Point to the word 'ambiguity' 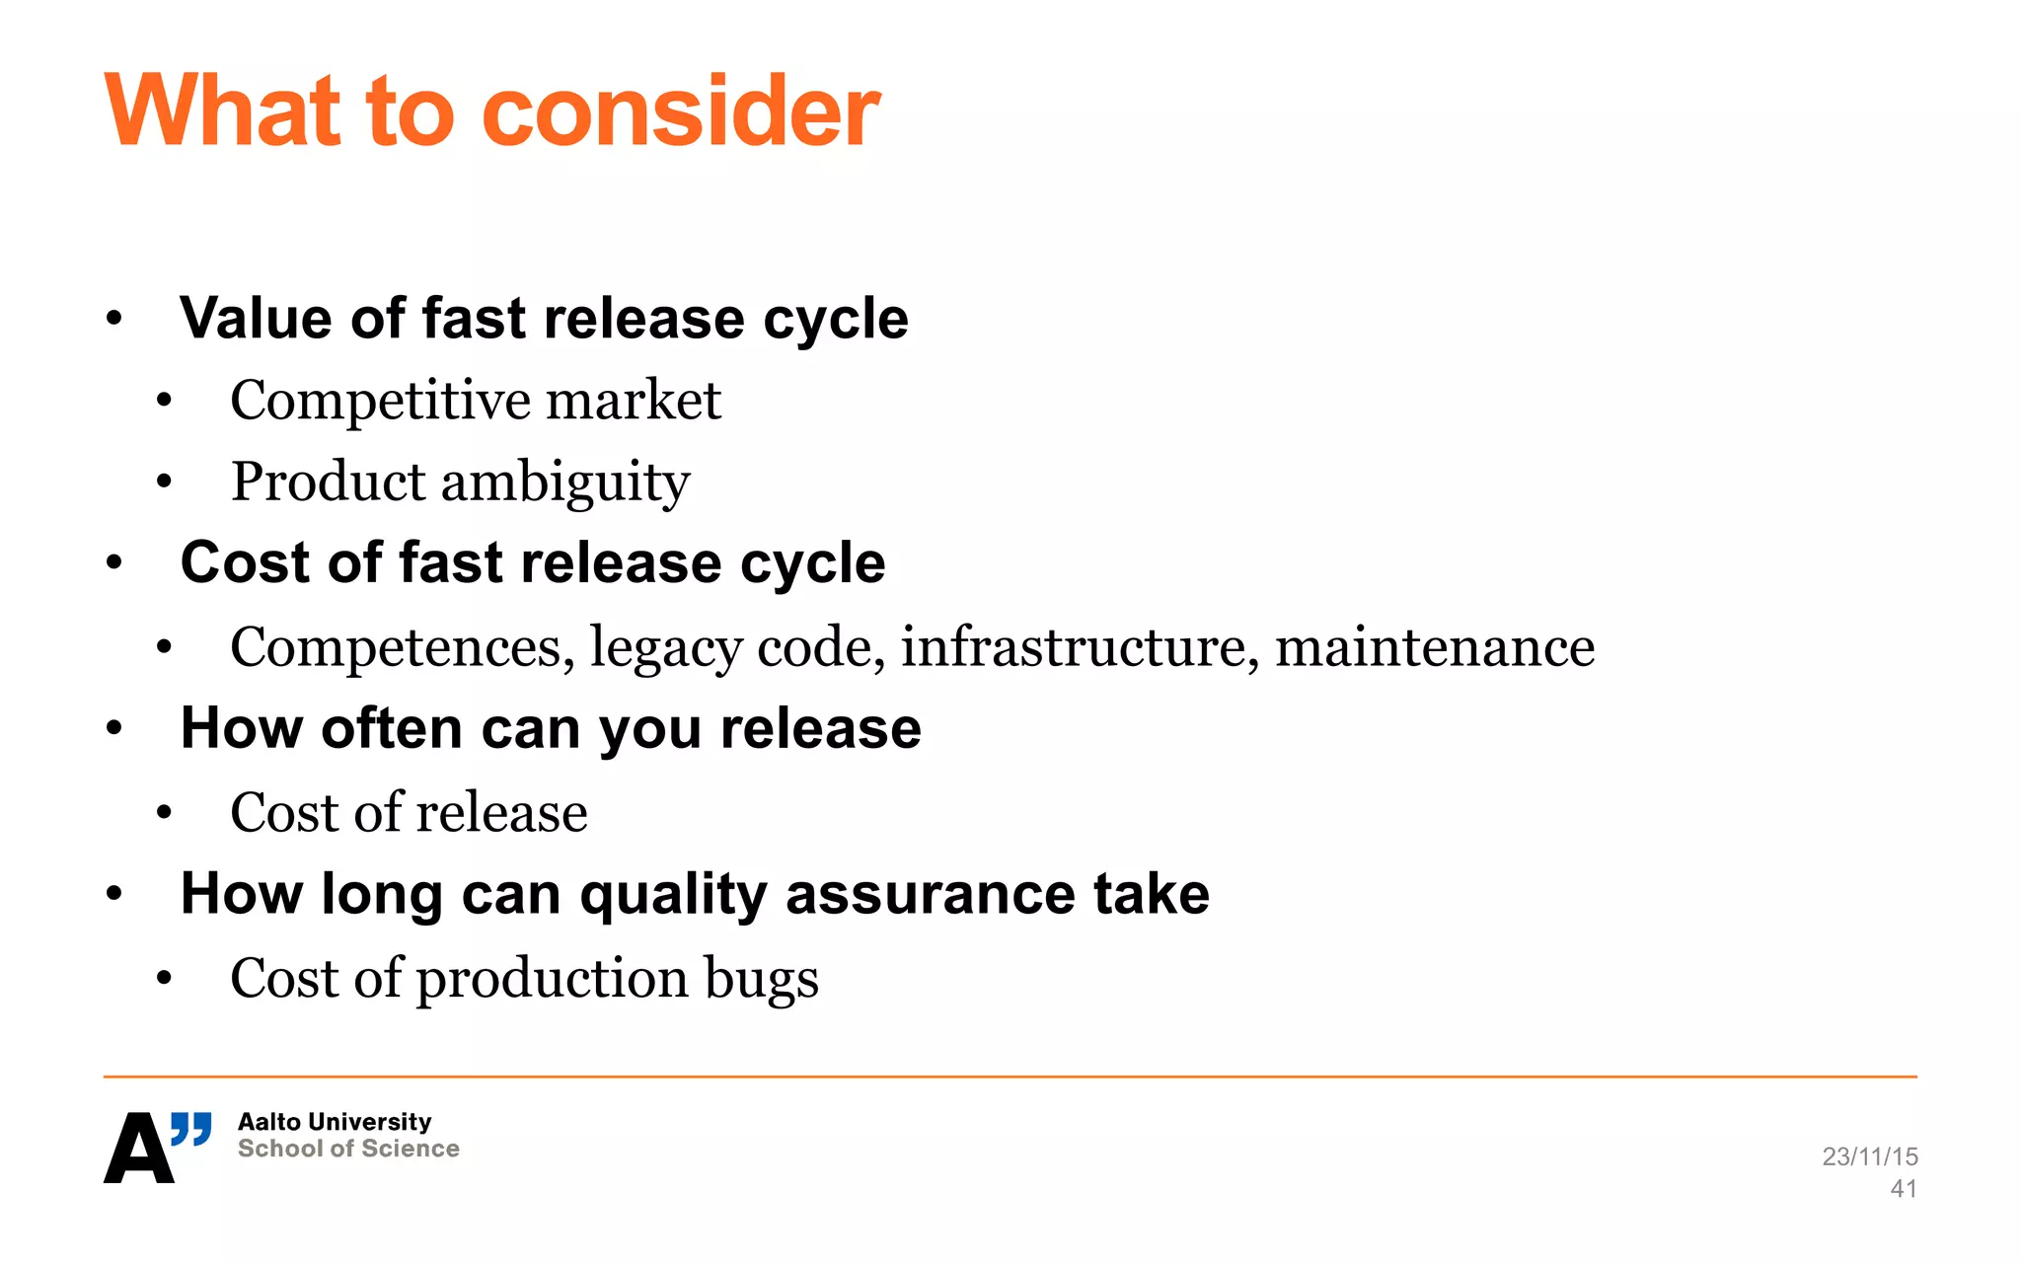564,483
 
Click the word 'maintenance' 1435,647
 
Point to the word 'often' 392,729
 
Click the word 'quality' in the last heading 673,896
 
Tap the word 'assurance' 930,895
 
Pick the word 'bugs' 761,980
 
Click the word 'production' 552,980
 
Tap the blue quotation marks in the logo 191,1129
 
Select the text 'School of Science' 348,1149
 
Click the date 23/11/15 1870,1156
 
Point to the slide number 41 1904,1189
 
